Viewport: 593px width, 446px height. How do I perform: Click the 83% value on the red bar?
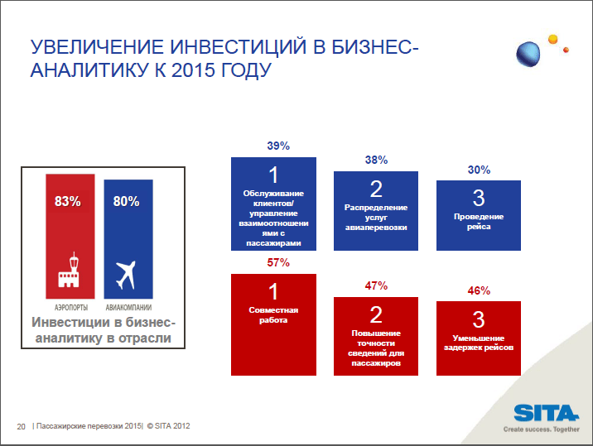(x=68, y=201)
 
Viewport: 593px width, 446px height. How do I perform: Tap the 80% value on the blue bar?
(x=127, y=201)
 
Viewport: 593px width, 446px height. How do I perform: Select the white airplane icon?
(x=126, y=275)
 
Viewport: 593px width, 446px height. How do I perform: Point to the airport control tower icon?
(x=69, y=270)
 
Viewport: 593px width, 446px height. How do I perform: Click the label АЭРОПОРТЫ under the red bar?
(x=71, y=308)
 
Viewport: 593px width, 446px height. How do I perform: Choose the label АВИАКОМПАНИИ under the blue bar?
(x=128, y=308)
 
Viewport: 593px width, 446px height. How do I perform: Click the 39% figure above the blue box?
(x=278, y=146)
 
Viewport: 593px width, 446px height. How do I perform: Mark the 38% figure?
(x=376, y=160)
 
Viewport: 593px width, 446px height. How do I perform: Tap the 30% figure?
(x=480, y=170)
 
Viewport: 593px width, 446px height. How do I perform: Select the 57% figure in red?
(x=278, y=262)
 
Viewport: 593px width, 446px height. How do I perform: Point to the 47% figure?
(x=376, y=285)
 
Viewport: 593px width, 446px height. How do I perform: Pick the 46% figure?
(x=480, y=290)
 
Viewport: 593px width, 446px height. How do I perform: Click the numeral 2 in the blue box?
(x=376, y=189)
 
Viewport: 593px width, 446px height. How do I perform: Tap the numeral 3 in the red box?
(x=479, y=319)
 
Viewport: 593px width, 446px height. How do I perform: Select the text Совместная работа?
(x=273, y=314)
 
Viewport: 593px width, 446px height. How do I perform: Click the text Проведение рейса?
(x=479, y=222)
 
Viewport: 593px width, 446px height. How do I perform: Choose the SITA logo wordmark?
(x=546, y=413)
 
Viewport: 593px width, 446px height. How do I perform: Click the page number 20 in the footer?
(x=22, y=426)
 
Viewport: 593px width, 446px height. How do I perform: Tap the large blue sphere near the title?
(x=528, y=54)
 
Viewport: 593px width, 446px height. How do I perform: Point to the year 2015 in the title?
(x=193, y=70)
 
